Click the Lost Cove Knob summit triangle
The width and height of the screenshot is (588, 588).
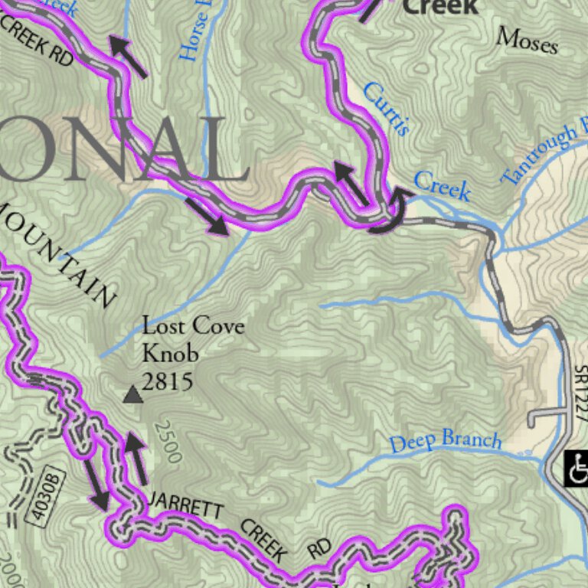(x=132, y=394)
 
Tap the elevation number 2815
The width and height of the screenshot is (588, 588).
(x=167, y=381)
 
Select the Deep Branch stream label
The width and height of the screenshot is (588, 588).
(x=445, y=442)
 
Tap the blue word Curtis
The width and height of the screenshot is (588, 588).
(x=386, y=109)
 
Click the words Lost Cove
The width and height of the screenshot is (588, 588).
(x=194, y=326)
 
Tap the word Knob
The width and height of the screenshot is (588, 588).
(x=170, y=353)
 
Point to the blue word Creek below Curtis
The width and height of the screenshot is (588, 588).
(x=442, y=186)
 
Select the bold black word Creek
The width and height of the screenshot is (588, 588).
(x=440, y=8)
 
